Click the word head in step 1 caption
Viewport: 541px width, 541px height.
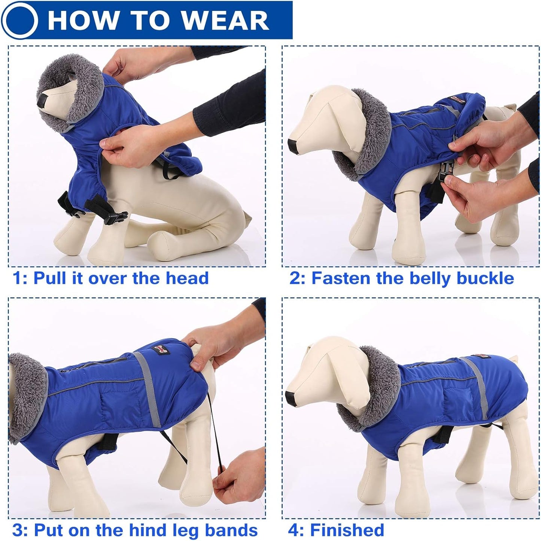[x=187, y=278]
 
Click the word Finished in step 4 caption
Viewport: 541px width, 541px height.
[x=347, y=530]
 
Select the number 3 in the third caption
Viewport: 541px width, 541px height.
[x=18, y=530]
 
